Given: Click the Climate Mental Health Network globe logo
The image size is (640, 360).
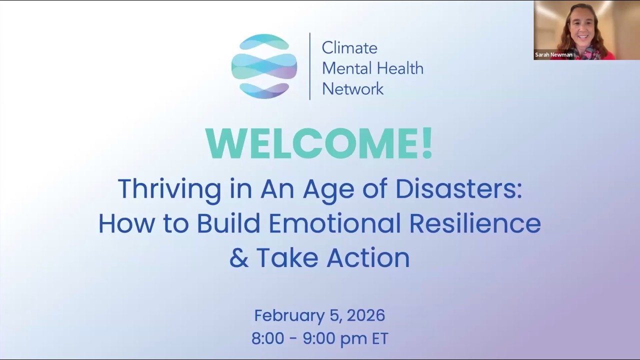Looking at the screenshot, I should (264, 66).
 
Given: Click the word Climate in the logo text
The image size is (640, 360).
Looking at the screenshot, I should (349, 48).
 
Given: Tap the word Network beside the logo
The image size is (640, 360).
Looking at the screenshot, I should (352, 89).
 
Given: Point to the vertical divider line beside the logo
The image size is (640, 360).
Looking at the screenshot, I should (309, 66).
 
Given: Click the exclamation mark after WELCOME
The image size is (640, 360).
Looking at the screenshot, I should (426, 143).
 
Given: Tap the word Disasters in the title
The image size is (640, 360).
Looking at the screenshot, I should (458, 189).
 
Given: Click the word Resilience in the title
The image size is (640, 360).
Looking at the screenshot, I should (474, 223).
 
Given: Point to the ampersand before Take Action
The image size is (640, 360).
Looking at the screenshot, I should (238, 258).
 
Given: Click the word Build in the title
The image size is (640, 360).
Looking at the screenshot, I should (228, 223).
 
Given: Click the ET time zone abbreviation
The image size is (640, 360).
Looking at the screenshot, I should (380, 338).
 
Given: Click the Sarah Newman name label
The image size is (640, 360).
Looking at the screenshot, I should (553, 55).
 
